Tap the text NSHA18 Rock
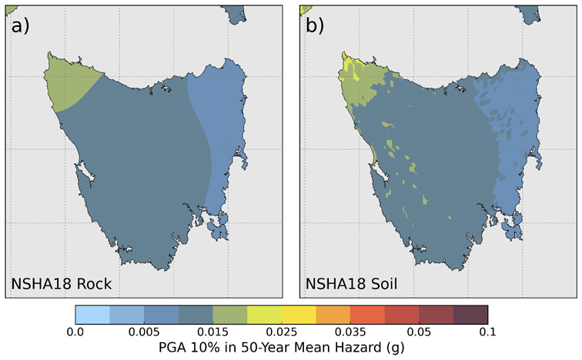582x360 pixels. pyautogui.click(x=61, y=284)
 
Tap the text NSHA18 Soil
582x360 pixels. pyautogui.click(x=352, y=284)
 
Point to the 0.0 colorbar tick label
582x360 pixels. pyautogui.click(x=75, y=332)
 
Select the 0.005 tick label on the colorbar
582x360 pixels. pyautogui.click(x=144, y=332)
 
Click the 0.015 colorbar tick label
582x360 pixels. pyautogui.click(x=212, y=332)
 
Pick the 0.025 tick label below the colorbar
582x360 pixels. pyautogui.click(x=282, y=332)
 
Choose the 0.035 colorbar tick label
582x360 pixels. pyautogui.click(x=350, y=332)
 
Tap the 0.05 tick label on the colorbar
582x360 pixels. pyautogui.click(x=419, y=332)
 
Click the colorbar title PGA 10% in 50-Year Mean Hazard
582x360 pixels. pyautogui.click(x=281, y=348)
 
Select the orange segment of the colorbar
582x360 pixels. pyautogui.click(x=333, y=313)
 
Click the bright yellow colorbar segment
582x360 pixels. pyautogui.click(x=299, y=313)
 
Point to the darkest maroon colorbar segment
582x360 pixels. pyautogui.click(x=470, y=313)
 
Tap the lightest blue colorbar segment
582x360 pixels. pyautogui.click(x=92, y=313)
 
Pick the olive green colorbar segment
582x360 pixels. pyautogui.click(x=230, y=313)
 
